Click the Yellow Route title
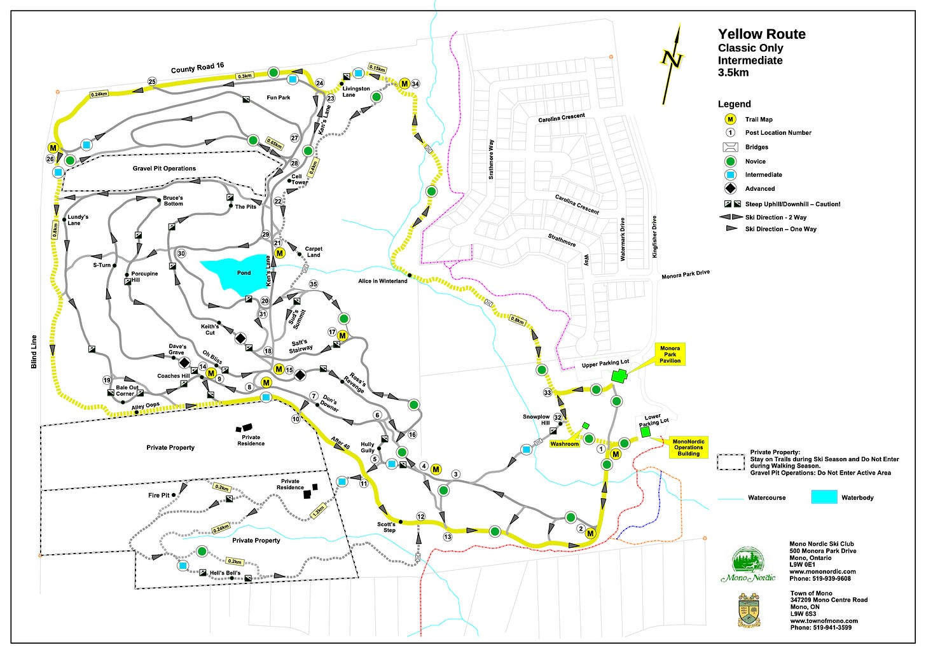tap(761, 34)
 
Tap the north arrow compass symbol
tap(672, 62)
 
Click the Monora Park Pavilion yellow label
tap(670, 354)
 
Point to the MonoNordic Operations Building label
tap(688, 447)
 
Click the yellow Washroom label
tap(565, 444)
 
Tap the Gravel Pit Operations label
tap(164, 169)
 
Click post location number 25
tap(152, 81)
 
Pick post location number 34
tap(415, 84)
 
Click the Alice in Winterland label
tap(382, 281)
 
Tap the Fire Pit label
tap(159, 495)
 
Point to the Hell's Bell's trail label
tap(225, 573)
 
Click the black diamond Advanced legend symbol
tap(730, 188)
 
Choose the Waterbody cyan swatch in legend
tap(824, 497)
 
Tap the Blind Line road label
tap(34, 351)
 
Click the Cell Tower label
tap(300, 179)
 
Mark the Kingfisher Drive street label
tap(654, 237)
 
